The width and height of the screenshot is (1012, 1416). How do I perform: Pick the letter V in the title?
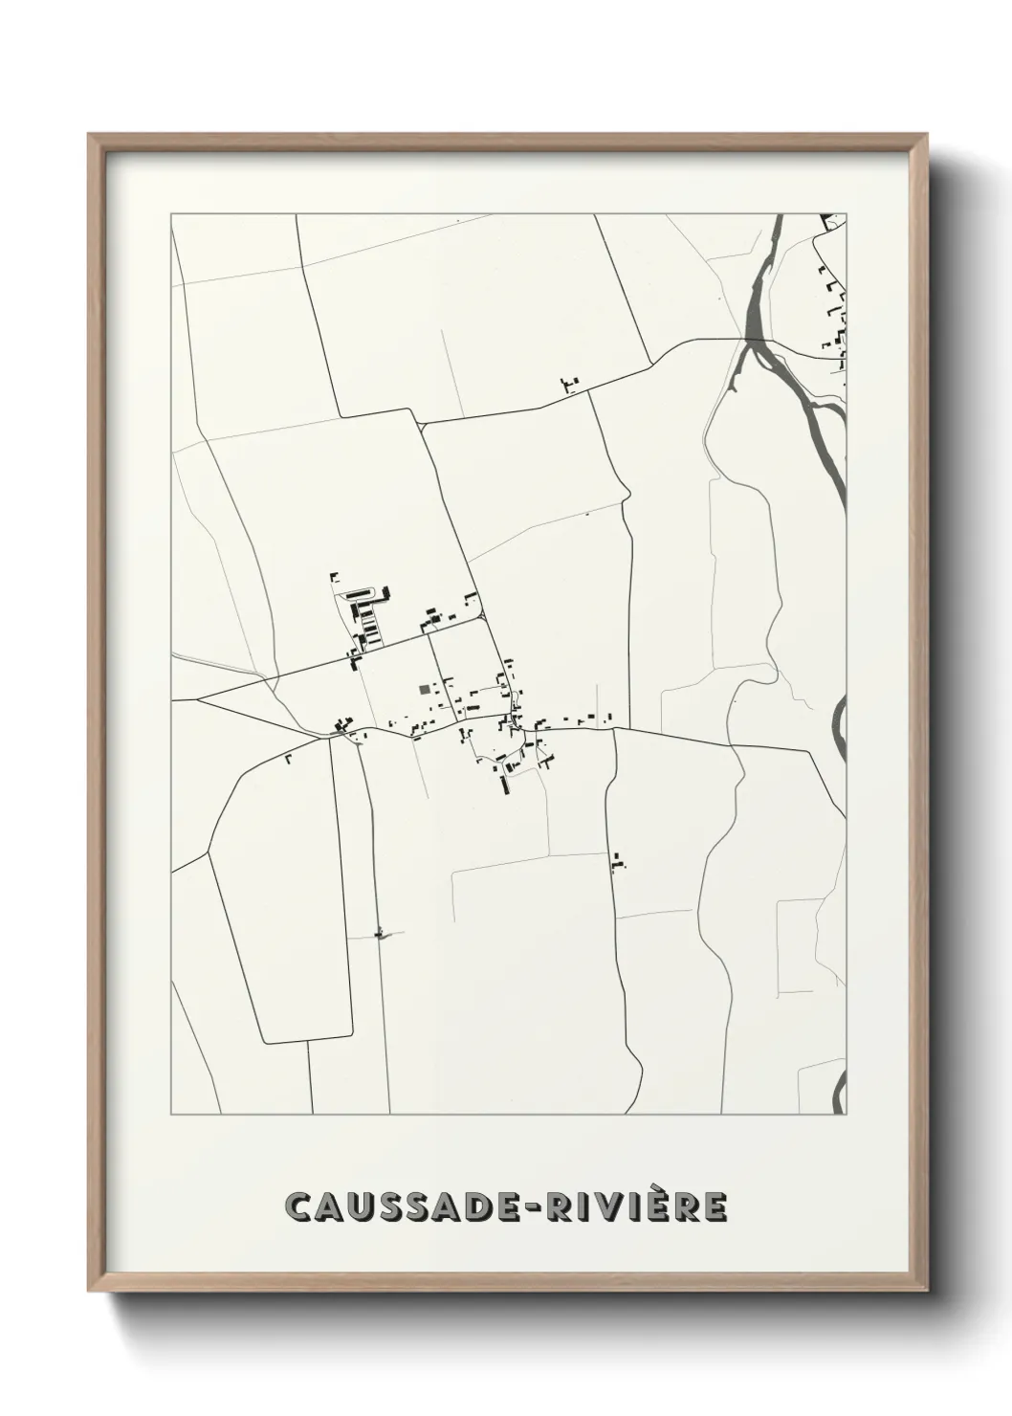pos(619,1207)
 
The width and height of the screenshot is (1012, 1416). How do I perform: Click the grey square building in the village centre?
pos(425,688)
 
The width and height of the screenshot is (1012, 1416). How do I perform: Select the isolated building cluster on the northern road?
pos(570,385)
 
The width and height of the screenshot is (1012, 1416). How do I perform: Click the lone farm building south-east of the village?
pos(618,863)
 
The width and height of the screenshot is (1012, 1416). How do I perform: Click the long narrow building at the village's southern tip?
pos(503,785)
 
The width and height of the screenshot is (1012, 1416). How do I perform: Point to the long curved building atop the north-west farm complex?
pos(368,594)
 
